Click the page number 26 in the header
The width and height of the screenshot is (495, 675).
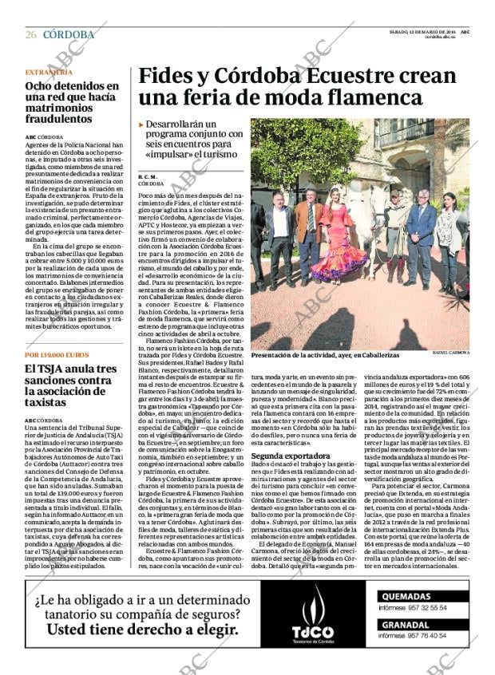(x=30, y=34)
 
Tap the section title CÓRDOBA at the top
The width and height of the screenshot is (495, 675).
(x=68, y=34)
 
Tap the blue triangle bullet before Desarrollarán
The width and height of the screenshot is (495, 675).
(x=141, y=125)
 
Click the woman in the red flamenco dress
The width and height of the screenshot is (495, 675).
(x=335, y=239)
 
